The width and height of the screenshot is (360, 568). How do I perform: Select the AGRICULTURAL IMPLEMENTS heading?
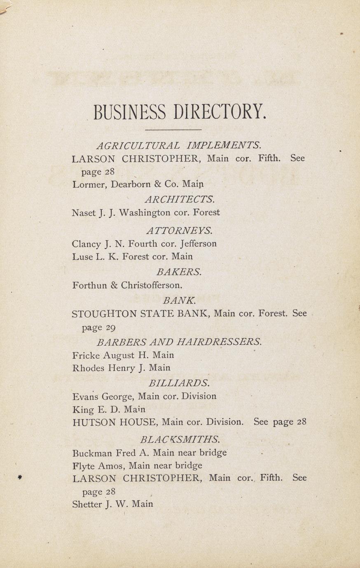point(179,145)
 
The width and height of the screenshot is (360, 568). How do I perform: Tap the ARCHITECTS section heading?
point(180,199)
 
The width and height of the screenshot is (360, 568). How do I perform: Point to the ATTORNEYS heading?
point(180,230)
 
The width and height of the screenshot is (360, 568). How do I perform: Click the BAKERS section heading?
point(179,272)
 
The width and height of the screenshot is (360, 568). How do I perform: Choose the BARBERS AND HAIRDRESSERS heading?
point(179,342)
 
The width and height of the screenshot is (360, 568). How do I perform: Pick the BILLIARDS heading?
point(179,383)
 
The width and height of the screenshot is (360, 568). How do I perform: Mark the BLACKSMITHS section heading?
point(180,439)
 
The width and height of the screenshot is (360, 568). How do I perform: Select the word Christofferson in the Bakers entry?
point(151,285)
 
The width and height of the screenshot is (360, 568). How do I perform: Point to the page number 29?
point(110,328)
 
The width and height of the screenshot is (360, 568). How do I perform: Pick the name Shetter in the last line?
point(86,504)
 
